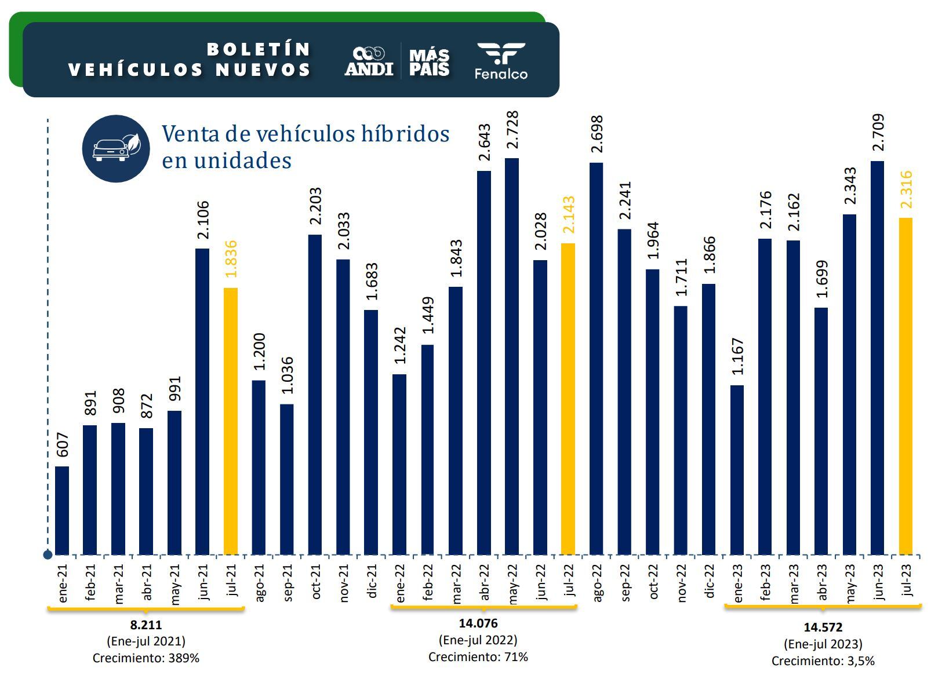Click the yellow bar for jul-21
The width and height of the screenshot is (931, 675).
[x=230, y=421]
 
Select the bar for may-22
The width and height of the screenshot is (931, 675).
[x=512, y=356]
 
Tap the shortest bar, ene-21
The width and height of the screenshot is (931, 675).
[x=62, y=510]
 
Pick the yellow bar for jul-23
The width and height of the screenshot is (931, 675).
[x=905, y=386]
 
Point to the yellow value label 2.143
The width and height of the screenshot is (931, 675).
[x=568, y=214]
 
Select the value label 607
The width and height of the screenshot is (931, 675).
[x=62, y=444]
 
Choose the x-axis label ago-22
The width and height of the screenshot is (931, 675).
[x=597, y=582]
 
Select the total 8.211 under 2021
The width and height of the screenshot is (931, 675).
[x=146, y=625]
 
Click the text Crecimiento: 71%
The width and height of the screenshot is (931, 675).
[x=478, y=656]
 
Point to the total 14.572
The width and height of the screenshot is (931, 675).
[x=823, y=627]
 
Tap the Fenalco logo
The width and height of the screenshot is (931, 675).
[x=501, y=61]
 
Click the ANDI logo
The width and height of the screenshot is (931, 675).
[x=369, y=61]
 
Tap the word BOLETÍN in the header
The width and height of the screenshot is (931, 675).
[x=259, y=49]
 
